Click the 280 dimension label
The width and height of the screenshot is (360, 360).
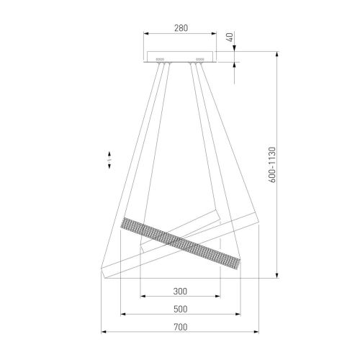181,28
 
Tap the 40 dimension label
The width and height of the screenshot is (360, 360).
230,37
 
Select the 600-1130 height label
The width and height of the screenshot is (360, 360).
273,165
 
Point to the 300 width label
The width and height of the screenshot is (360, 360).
180,292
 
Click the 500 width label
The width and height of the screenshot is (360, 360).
180,309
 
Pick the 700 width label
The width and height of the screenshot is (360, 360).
181,327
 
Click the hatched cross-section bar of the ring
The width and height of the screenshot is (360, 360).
180,243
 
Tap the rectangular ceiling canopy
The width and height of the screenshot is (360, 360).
180,57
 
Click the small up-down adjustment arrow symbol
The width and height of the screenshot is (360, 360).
109,160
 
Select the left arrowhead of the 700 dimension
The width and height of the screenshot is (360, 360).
104,332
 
